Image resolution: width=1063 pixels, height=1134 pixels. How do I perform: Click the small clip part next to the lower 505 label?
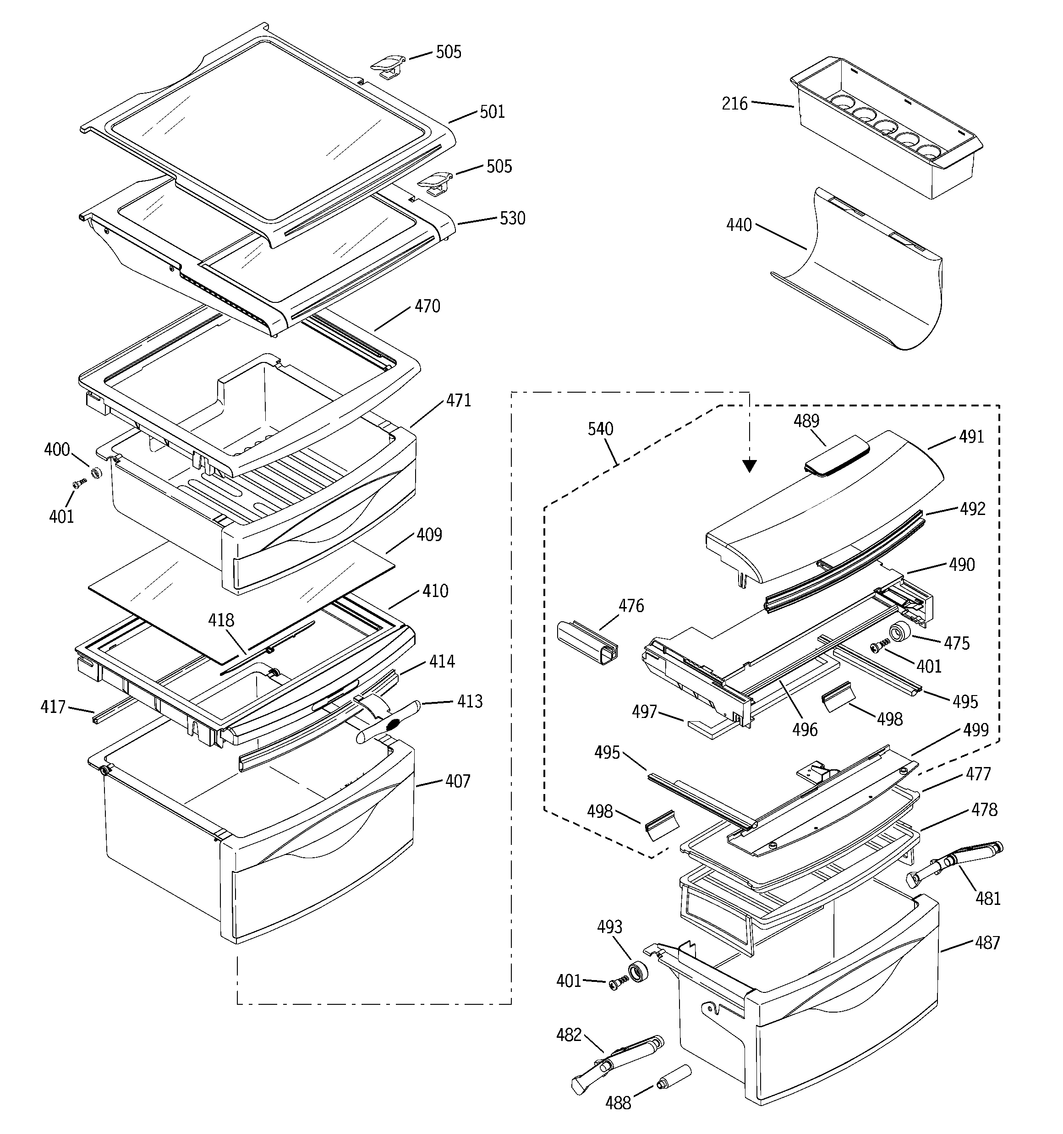[x=435, y=184]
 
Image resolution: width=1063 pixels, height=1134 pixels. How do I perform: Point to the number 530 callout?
[x=512, y=219]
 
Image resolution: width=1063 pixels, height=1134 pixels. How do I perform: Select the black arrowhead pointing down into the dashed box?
[x=750, y=466]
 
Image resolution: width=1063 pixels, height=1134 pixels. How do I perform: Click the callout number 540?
[x=600, y=429]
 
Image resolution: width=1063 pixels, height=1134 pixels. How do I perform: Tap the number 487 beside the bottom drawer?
[x=987, y=943]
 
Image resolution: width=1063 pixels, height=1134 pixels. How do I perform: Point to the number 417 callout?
[x=53, y=707]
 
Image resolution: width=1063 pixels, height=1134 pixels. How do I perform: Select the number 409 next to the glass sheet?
[x=429, y=535]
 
